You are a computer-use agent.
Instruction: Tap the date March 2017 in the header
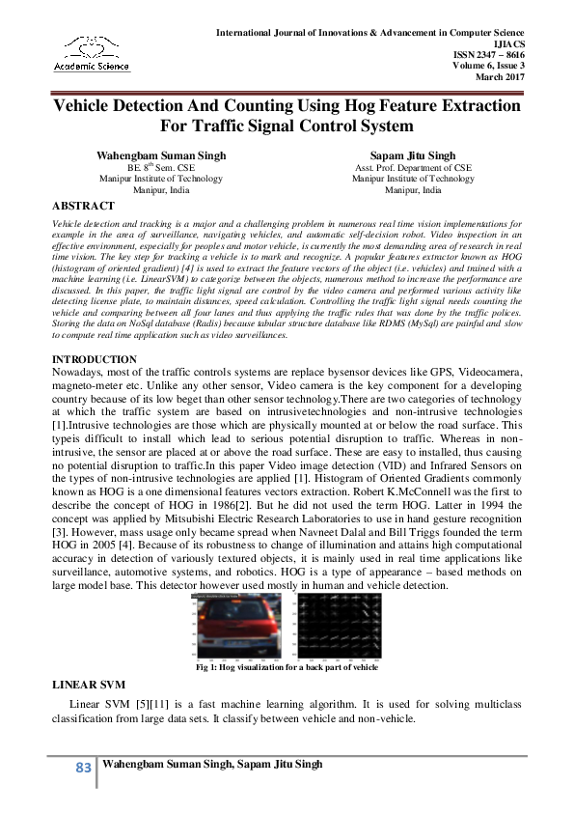pos(501,77)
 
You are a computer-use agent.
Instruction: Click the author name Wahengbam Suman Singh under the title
pos(161,154)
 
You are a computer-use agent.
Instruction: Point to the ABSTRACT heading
pos(83,206)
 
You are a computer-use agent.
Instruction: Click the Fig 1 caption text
pos(287,667)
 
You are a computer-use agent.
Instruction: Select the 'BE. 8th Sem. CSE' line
pos(161,167)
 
